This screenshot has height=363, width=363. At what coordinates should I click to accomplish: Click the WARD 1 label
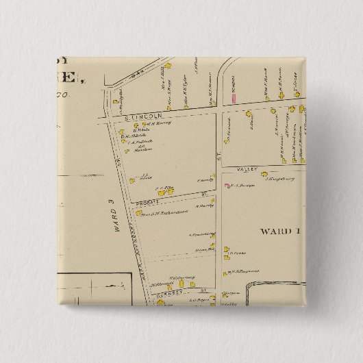pos(280,231)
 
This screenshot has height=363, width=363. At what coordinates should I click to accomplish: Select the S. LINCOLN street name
pos(141,117)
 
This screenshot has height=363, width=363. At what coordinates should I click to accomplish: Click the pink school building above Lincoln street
pos(234,99)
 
